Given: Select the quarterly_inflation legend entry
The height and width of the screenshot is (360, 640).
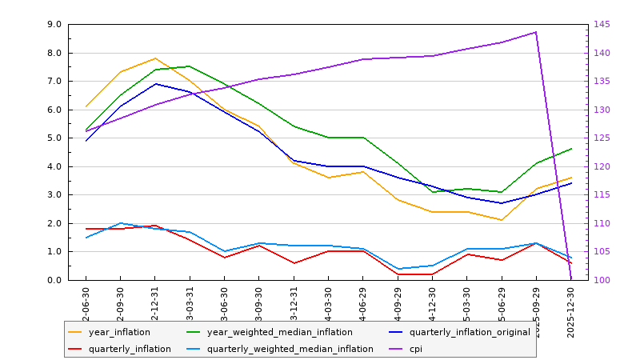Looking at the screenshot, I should click(x=129, y=349).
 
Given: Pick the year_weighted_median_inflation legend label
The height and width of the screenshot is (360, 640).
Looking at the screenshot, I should click(x=279, y=332).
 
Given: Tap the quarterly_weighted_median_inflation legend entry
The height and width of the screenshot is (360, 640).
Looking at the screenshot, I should click(x=290, y=349).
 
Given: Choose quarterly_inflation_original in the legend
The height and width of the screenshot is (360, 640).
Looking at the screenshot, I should click(x=470, y=332).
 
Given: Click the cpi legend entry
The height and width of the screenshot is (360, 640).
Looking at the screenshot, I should click(x=415, y=349).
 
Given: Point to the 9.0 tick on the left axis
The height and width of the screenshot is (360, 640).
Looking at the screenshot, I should click(x=55, y=25).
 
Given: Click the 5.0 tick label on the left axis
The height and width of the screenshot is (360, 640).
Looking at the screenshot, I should click(x=55, y=138).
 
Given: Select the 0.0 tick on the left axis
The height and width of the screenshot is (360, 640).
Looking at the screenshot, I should click(x=55, y=280).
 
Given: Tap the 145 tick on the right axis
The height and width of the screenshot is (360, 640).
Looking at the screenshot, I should click(x=601, y=25).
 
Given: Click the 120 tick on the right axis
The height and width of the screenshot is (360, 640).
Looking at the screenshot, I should click(x=601, y=166).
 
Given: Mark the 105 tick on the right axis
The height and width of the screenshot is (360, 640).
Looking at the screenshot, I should click(x=601, y=252).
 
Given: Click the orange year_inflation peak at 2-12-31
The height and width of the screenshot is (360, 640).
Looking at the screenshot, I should click(x=155, y=58).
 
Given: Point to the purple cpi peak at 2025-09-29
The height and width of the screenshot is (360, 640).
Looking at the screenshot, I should click(x=536, y=32).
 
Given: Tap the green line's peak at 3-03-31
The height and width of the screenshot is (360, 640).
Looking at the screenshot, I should click(x=190, y=66).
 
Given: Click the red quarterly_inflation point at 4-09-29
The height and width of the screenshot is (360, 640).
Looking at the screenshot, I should click(x=398, y=274).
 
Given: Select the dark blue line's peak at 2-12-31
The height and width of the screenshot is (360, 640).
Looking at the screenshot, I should click(x=155, y=84).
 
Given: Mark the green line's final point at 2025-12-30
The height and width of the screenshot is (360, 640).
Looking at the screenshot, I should click(x=571, y=149).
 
